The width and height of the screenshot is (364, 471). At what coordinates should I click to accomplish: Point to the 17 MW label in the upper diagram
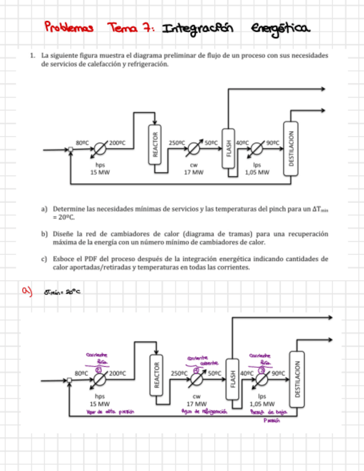(194, 172)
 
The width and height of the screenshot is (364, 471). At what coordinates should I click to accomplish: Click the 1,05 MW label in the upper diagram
(257, 172)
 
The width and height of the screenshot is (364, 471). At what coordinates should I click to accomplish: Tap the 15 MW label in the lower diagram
(100, 404)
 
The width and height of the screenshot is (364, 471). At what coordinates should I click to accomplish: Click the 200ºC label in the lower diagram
(118, 373)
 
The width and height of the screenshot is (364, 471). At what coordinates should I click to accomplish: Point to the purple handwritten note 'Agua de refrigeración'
(197, 412)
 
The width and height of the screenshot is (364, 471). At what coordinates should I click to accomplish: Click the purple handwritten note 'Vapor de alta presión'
(109, 412)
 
